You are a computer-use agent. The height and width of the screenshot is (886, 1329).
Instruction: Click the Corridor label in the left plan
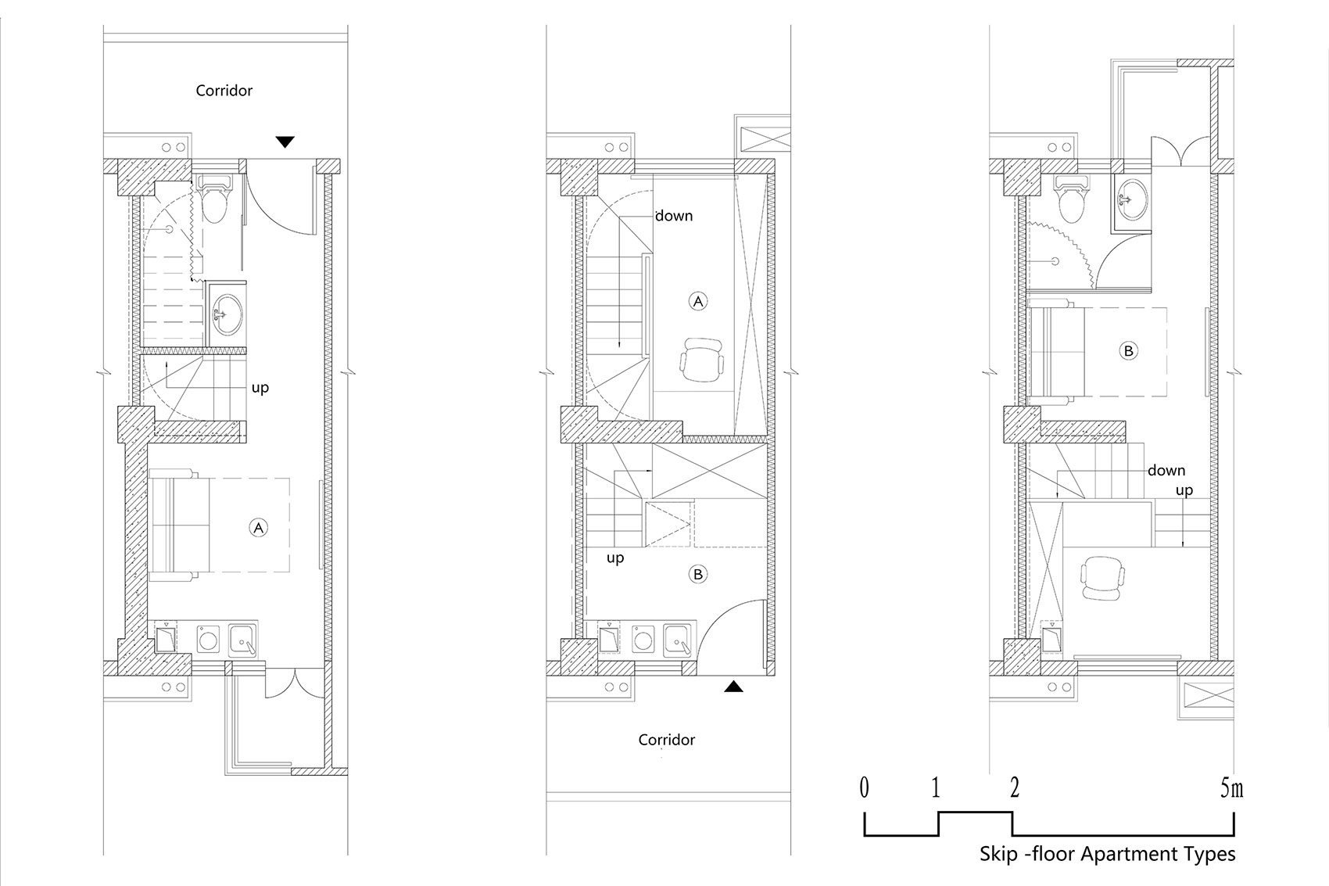click(x=224, y=90)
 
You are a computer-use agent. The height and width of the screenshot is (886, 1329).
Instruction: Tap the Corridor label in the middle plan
click(x=666, y=740)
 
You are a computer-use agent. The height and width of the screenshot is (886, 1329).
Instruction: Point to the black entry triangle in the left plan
click(x=285, y=142)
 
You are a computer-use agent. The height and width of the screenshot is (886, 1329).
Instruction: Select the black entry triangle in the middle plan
click(x=733, y=687)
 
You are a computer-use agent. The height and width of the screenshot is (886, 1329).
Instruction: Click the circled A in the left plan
click(x=258, y=528)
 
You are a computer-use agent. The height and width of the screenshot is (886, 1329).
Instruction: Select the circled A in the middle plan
click(x=698, y=302)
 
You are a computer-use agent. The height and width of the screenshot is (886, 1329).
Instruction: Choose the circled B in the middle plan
click(x=698, y=575)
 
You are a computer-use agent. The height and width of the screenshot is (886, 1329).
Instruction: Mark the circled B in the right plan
click(x=1128, y=350)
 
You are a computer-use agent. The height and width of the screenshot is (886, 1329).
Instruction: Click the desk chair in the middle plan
click(x=703, y=360)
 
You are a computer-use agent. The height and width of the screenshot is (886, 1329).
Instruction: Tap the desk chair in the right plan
click(x=1102, y=578)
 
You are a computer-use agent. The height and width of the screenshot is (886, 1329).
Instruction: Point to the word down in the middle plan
click(x=674, y=216)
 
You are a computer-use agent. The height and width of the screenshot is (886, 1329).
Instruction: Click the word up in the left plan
click(x=260, y=388)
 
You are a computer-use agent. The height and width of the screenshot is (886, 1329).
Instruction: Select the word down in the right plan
click(x=1166, y=471)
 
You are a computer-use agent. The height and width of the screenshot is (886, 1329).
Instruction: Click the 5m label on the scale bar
click(x=1231, y=788)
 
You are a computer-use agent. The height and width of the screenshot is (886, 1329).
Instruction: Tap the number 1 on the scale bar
click(x=936, y=788)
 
